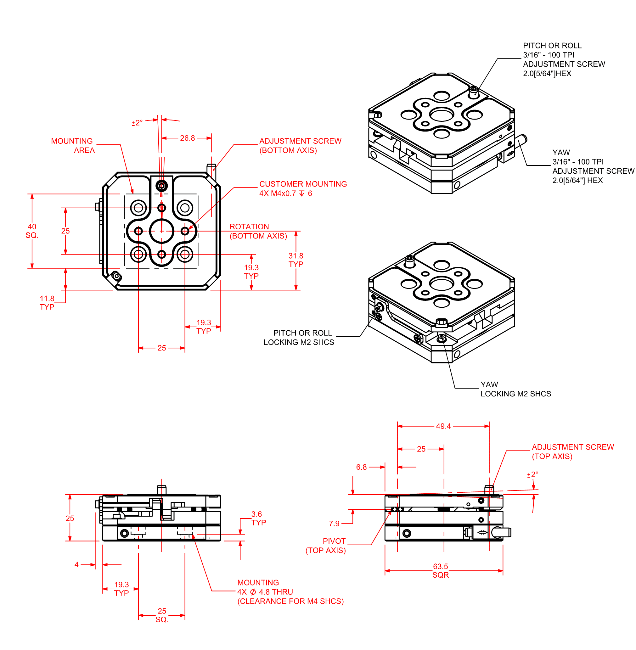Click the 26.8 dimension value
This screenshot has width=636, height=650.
point(187,138)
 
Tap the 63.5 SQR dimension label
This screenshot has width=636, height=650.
point(440,570)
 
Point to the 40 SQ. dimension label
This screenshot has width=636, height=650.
point(32,231)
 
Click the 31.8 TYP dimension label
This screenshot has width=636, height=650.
point(295,260)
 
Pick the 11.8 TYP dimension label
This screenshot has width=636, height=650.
point(47,303)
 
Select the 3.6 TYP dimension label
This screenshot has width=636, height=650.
point(258,518)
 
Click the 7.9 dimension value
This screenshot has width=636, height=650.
point(334,524)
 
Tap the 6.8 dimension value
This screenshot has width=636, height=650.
point(361,467)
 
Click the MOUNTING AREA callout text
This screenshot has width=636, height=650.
point(73,146)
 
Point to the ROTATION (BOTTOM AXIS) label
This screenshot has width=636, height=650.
point(258,231)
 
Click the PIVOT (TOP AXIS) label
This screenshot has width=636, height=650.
point(325,546)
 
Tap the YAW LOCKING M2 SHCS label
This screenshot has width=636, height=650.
point(515,389)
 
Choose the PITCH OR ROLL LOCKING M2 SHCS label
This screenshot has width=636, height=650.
point(299,337)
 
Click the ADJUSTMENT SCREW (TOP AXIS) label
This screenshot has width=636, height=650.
point(572,451)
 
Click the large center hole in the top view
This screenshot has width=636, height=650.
point(162,231)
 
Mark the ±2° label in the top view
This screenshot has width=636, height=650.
point(137,123)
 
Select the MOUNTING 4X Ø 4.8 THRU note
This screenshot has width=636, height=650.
point(290,591)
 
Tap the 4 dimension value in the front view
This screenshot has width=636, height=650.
point(76,564)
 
